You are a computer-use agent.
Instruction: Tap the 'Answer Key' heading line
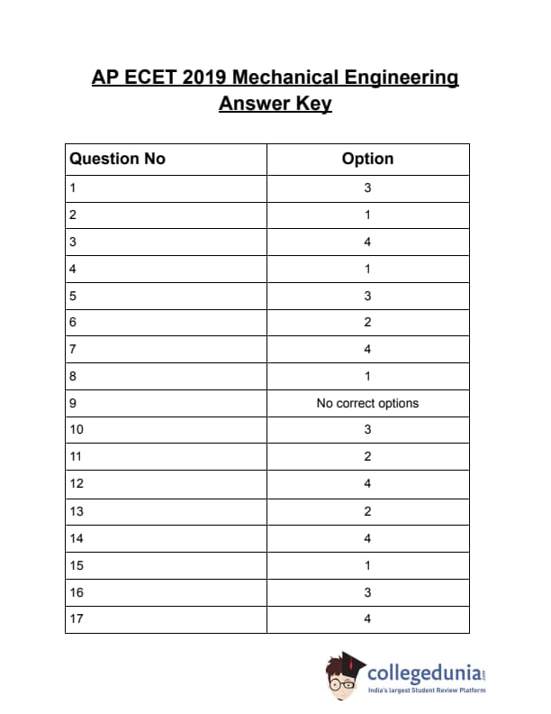point(275,104)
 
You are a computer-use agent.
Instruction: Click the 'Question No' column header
point(118,159)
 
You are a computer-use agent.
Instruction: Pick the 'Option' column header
point(367,159)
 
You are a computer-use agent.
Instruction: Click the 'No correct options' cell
point(367,403)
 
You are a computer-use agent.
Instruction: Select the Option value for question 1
point(367,188)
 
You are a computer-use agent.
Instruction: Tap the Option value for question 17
point(367,618)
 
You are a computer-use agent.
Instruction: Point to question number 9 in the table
point(72,403)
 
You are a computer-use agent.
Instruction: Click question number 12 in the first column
point(76,483)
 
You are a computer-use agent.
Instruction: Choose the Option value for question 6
point(367,322)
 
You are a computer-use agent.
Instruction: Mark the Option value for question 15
point(367,565)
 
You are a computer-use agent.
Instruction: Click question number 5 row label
point(72,296)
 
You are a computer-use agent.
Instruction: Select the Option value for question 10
point(367,429)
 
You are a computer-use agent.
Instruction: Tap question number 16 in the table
point(76,592)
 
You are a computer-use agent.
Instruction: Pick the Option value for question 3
point(367,242)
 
